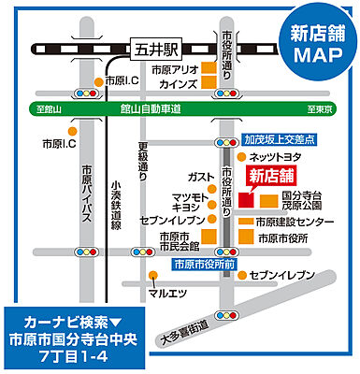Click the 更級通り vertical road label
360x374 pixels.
click(143, 160)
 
